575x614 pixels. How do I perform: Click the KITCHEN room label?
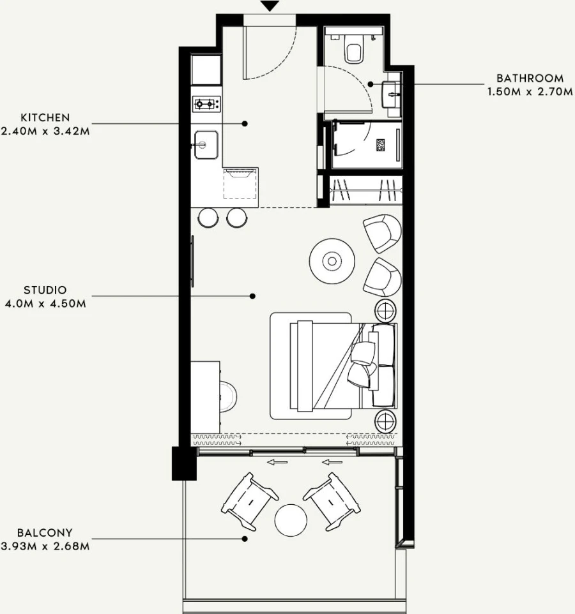coord(45,117)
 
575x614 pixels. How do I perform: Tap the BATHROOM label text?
coord(530,79)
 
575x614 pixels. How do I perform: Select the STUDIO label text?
coord(45,290)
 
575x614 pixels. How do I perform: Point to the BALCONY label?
coord(45,533)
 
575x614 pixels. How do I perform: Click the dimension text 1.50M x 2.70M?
coord(530,92)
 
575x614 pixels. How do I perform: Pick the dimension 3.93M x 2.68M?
coord(45,546)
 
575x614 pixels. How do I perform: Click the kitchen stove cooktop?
coord(206,104)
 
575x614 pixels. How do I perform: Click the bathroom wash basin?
coord(391,94)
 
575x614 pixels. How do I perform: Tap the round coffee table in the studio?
coord(332,261)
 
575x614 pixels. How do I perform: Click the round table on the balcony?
coord(291,520)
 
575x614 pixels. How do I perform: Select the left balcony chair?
coord(250,502)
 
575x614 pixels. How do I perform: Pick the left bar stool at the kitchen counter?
coord(208,218)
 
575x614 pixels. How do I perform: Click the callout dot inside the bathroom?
coord(371,84)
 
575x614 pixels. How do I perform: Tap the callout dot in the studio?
coord(253,296)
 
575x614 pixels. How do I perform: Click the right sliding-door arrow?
coord(332,463)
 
